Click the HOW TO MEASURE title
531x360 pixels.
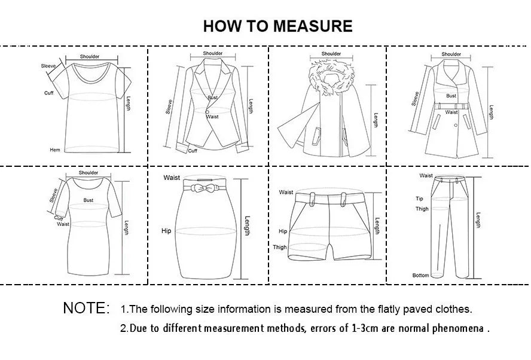click(277, 26)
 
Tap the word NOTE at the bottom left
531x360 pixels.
click(86, 309)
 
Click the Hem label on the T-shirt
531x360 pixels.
click(54, 150)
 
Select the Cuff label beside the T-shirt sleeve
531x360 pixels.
click(48, 93)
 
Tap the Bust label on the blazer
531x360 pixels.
click(212, 97)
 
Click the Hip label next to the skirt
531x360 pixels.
click(166, 230)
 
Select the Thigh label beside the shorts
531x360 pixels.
click(280, 247)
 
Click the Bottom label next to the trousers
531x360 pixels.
click(420, 276)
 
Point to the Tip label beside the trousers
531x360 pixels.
click(419, 199)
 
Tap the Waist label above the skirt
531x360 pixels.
click(172, 178)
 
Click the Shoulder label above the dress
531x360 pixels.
click(88, 173)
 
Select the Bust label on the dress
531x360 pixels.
click(89, 201)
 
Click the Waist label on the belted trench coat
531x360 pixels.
click(451, 112)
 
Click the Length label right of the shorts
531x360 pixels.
click(377, 225)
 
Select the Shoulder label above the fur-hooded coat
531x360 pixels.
click(331, 54)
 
